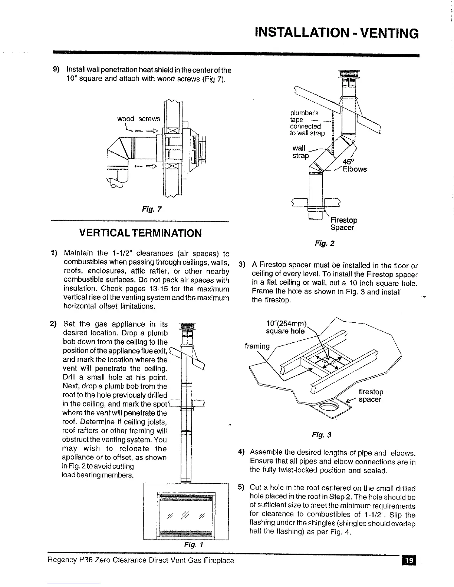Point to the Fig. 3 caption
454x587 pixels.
click(322, 435)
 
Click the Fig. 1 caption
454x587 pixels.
click(194, 545)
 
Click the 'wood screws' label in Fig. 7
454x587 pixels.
click(138, 119)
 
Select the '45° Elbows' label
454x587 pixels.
click(354, 166)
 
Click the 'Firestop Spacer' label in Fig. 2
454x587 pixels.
click(343, 224)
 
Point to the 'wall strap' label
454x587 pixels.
click(300, 152)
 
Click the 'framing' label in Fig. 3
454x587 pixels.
click(257, 346)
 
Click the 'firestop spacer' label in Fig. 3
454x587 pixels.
click(371, 395)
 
